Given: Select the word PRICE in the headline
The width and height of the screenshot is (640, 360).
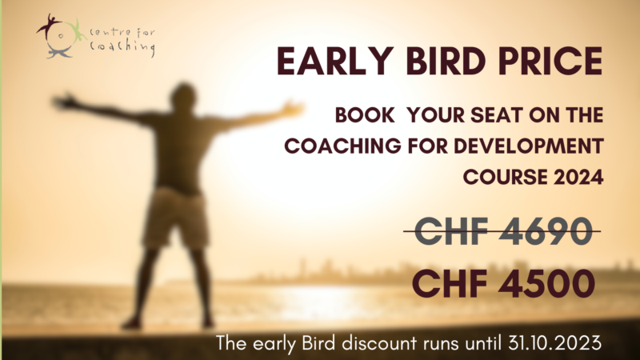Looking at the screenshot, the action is click(550, 62).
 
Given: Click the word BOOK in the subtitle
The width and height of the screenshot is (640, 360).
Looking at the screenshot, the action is click(365, 115).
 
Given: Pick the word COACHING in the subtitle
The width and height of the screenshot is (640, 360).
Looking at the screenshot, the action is click(343, 146).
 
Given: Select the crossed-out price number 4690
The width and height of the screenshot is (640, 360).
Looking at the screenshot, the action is click(546, 231).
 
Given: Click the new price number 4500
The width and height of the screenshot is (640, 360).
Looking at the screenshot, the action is click(546, 284).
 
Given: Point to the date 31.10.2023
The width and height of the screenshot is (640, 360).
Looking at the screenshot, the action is click(554, 343).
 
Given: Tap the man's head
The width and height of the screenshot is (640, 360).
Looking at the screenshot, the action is click(184, 97).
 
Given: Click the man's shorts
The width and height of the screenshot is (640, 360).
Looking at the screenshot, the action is click(175, 218).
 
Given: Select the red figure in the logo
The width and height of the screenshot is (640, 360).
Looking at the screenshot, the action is click(49, 26).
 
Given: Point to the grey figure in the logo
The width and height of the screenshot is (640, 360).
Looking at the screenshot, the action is click(58, 52).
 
